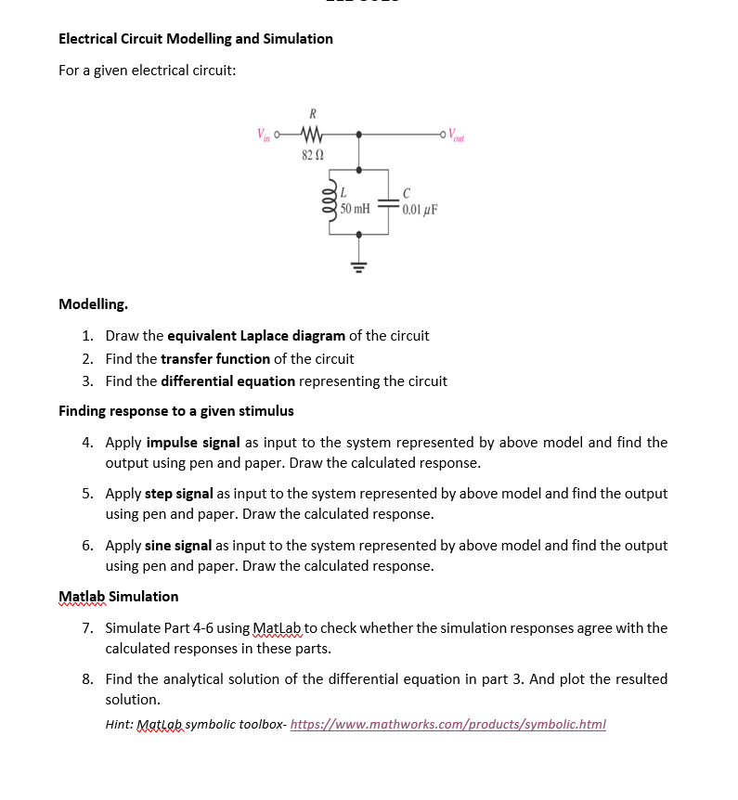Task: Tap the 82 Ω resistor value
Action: (312, 153)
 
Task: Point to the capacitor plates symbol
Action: (391, 208)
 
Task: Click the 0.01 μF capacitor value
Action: (421, 209)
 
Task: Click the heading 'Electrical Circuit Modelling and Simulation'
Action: (196, 39)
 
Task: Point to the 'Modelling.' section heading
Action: (94, 304)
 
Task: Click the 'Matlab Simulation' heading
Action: (119, 597)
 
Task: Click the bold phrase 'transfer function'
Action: (215, 358)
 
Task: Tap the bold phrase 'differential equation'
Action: (227, 381)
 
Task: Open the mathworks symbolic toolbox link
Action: (447, 725)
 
